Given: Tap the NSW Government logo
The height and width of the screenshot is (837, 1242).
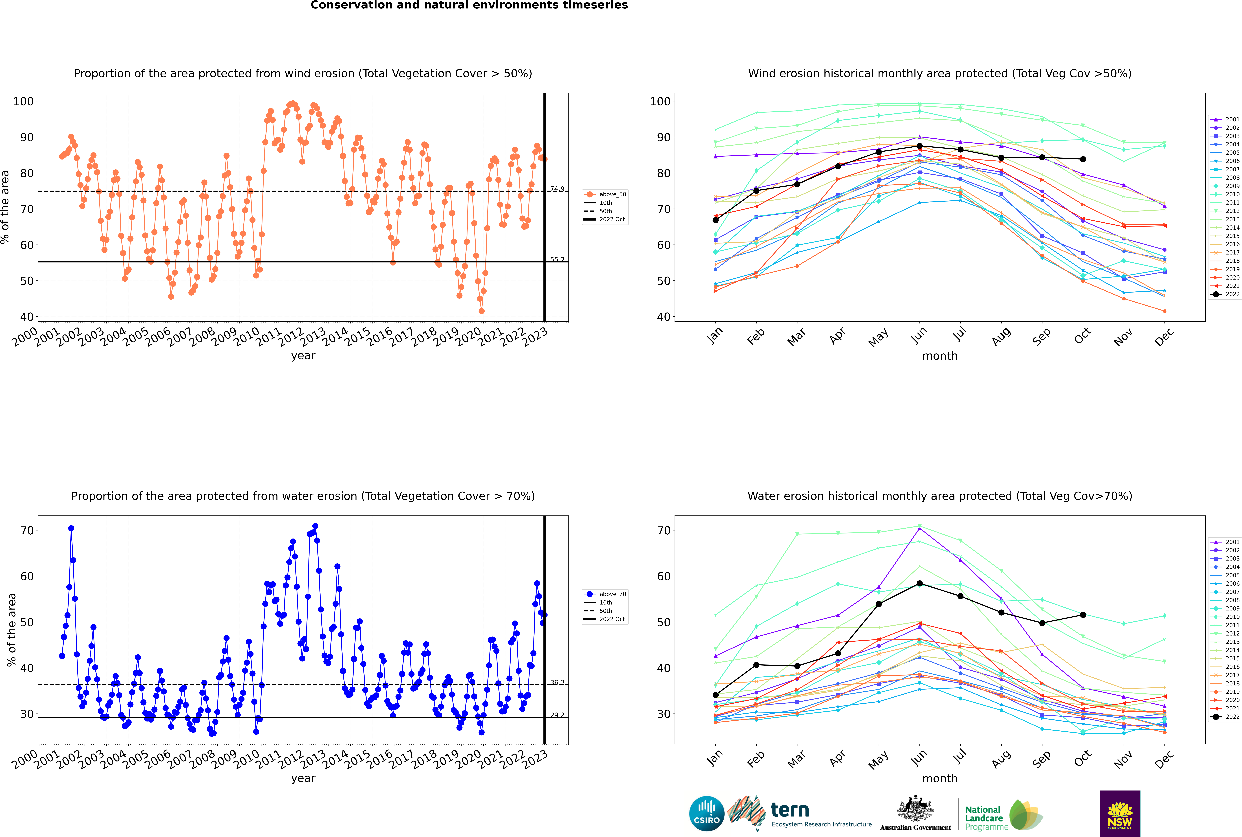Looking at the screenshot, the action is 1120,813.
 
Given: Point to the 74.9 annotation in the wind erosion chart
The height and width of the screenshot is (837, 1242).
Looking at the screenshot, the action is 557,189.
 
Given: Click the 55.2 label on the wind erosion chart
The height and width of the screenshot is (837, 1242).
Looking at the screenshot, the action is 557,259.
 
